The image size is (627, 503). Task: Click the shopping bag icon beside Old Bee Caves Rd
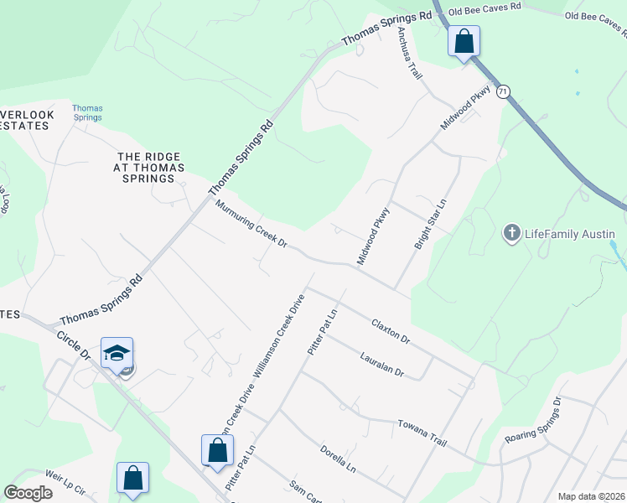pos(464,40)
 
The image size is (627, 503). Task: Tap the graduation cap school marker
pos(117,353)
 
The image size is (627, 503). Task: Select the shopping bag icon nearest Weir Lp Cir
pos(132,478)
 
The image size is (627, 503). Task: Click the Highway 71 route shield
pos(503,91)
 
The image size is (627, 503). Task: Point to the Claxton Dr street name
pos(391,330)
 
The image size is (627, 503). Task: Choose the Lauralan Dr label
pos(381,365)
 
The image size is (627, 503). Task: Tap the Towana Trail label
pos(422,432)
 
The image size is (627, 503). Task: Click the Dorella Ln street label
pos(338,459)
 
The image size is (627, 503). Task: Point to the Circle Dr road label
pos(73,344)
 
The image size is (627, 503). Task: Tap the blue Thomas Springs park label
pos(87,112)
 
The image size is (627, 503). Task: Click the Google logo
pos(28,493)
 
